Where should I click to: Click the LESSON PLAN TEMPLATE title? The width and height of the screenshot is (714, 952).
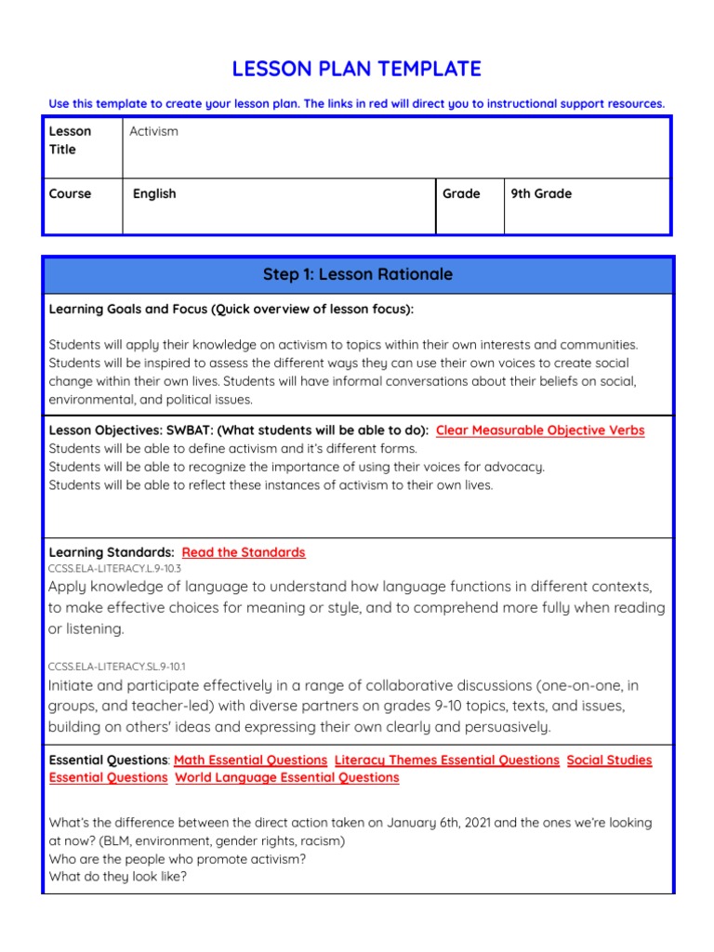click(357, 69)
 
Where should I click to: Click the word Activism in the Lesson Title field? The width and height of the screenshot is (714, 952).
click(153, 131)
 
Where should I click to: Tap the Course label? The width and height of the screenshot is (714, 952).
click(71, 193)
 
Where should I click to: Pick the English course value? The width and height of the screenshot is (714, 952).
click(154, 193)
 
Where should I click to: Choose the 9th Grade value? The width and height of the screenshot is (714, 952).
click(541, 193)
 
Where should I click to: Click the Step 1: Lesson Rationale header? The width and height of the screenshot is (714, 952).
click(357, 274)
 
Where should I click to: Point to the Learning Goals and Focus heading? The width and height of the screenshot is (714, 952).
click(231, 309)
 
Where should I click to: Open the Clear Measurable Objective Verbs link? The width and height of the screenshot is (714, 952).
click(540, 430)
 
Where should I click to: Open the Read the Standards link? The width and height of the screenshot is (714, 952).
click(244, 552)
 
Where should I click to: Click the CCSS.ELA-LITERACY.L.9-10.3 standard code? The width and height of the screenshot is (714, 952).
click(114, 567)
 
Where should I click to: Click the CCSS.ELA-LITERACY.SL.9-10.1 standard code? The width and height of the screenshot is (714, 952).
click(117, 666)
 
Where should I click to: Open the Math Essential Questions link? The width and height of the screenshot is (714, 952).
click(250, 760)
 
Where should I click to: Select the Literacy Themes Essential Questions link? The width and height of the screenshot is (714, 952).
click(446, 760)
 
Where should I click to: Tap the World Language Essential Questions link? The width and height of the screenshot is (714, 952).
click(287, 777)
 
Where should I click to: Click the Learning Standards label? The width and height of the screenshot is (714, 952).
click(112, 552)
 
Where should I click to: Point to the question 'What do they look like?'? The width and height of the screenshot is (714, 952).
click(118, 876)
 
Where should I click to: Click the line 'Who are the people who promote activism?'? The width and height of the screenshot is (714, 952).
click(178, 858)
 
